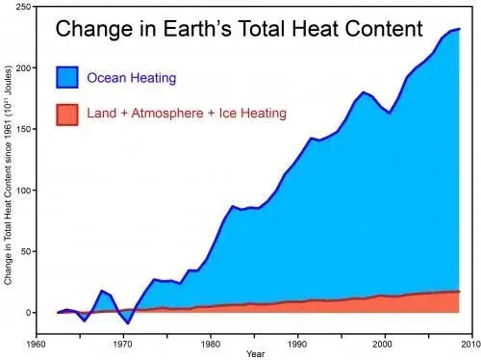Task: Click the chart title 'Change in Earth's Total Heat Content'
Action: (x=239, y=30)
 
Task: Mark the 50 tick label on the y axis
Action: (x=26, y=251)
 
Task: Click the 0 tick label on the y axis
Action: (x=29, y=313)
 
